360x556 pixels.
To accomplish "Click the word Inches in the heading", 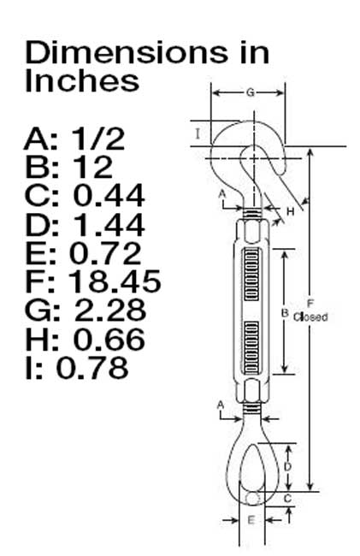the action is coord(82,81).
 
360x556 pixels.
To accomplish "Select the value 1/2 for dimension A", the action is coord(98,139).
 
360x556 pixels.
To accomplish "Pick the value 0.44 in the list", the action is coord(109,195).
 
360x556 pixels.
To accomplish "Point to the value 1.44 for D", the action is coord(109,225).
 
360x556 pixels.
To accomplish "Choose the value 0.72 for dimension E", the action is coord(105,253).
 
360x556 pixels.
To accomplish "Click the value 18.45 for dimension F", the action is coord(114,281).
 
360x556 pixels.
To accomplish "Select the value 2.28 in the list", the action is coord(110,310).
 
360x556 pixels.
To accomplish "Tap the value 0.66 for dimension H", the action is coord(109,339).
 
